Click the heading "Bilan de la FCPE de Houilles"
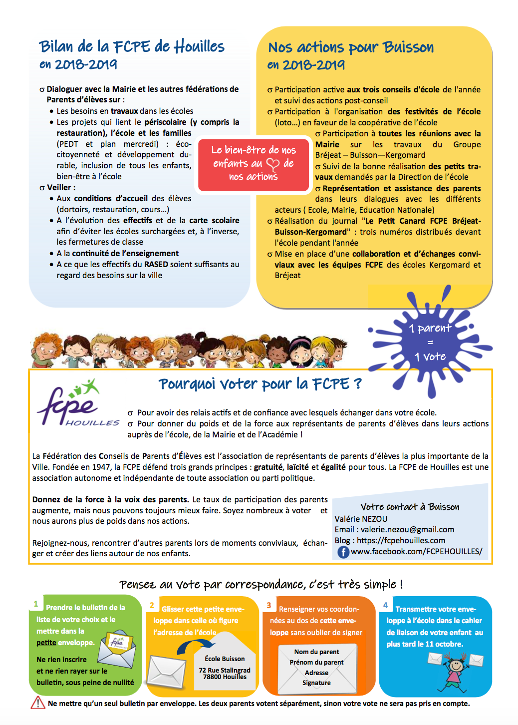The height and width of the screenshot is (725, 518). point(132,46)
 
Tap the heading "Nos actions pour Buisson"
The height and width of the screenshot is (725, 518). point(351,47)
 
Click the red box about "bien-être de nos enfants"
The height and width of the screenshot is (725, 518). point(254,163)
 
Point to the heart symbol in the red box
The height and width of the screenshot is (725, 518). point(273,164)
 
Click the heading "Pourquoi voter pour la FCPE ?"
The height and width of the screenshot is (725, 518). point(260,384)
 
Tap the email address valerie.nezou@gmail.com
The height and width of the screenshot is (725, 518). point(407,529)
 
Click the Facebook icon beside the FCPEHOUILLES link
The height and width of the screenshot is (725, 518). point(343,552)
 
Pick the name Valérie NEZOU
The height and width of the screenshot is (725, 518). point(361,519)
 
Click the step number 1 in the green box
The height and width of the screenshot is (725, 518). point(36,604)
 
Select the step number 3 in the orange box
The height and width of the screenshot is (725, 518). point(269,605)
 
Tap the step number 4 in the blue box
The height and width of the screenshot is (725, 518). point(385,605)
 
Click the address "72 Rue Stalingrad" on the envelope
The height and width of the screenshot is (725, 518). point(225,670)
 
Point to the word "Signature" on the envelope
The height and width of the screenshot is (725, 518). point(316,683)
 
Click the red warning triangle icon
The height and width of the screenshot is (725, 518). point(38,703)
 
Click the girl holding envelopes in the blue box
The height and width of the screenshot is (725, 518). point(456,672)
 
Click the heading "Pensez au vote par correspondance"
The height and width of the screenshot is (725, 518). point(261,584)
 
